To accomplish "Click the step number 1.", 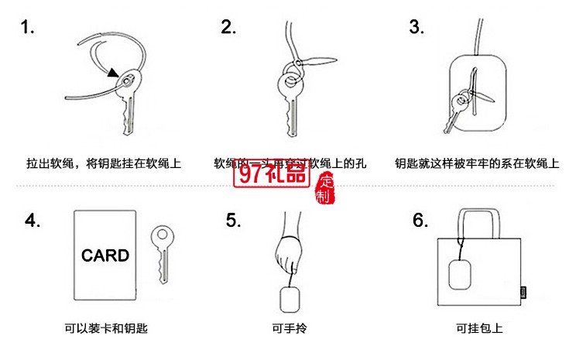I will [28, 29].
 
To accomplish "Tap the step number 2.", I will [228, 28].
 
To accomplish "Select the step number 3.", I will [417, 28].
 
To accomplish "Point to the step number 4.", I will [33, 221].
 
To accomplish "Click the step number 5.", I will [233, 221].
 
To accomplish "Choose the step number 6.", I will [420, 221].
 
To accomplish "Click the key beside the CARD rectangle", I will [163, 252].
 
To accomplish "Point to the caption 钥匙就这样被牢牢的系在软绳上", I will [476, 163].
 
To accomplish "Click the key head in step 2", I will [287, 86].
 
